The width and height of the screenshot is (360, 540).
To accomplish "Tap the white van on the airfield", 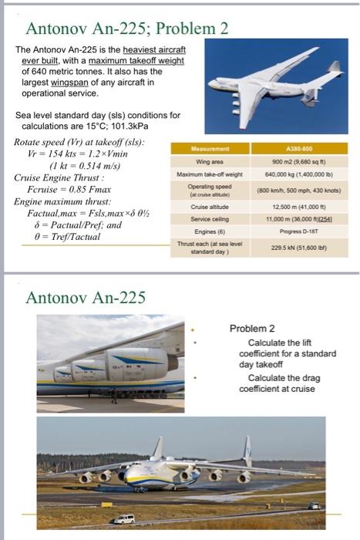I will click(125, 519).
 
